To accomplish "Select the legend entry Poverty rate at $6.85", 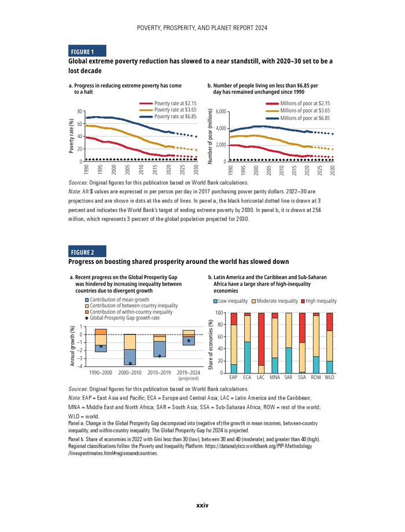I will point(175,116).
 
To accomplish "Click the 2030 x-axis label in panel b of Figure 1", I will point(333,170).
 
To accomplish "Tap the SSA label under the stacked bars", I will point(301,377).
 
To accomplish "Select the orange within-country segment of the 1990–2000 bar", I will point(101,332).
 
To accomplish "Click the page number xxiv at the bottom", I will point(202,505).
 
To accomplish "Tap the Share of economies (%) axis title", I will point(211,345).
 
